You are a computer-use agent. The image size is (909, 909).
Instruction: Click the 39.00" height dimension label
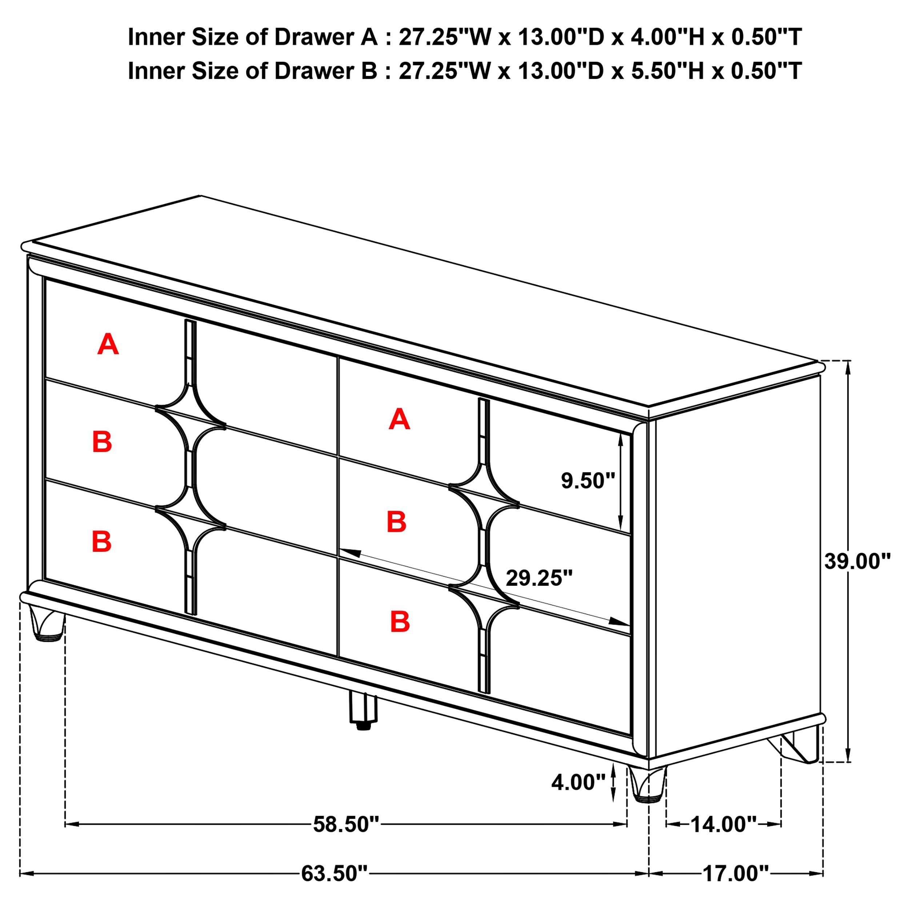[857, 561]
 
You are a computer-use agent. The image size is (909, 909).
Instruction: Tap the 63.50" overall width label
[334, 873]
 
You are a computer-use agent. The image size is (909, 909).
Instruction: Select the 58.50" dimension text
[346, 824]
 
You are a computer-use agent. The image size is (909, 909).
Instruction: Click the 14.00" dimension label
[723, 824]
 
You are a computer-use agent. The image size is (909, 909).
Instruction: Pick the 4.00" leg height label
[578, 782]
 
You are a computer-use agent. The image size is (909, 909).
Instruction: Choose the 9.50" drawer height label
[588, 481]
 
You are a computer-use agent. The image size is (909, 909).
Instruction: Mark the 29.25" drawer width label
[539, 578]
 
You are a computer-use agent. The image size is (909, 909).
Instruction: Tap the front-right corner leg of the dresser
[649, 784]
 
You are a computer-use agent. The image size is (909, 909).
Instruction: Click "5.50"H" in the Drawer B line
[668, 71]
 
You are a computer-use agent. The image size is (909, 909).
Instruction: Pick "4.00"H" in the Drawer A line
[667, 37]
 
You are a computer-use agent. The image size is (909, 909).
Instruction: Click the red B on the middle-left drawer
[102, 442]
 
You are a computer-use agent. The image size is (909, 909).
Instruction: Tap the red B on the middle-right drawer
[396, 522]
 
